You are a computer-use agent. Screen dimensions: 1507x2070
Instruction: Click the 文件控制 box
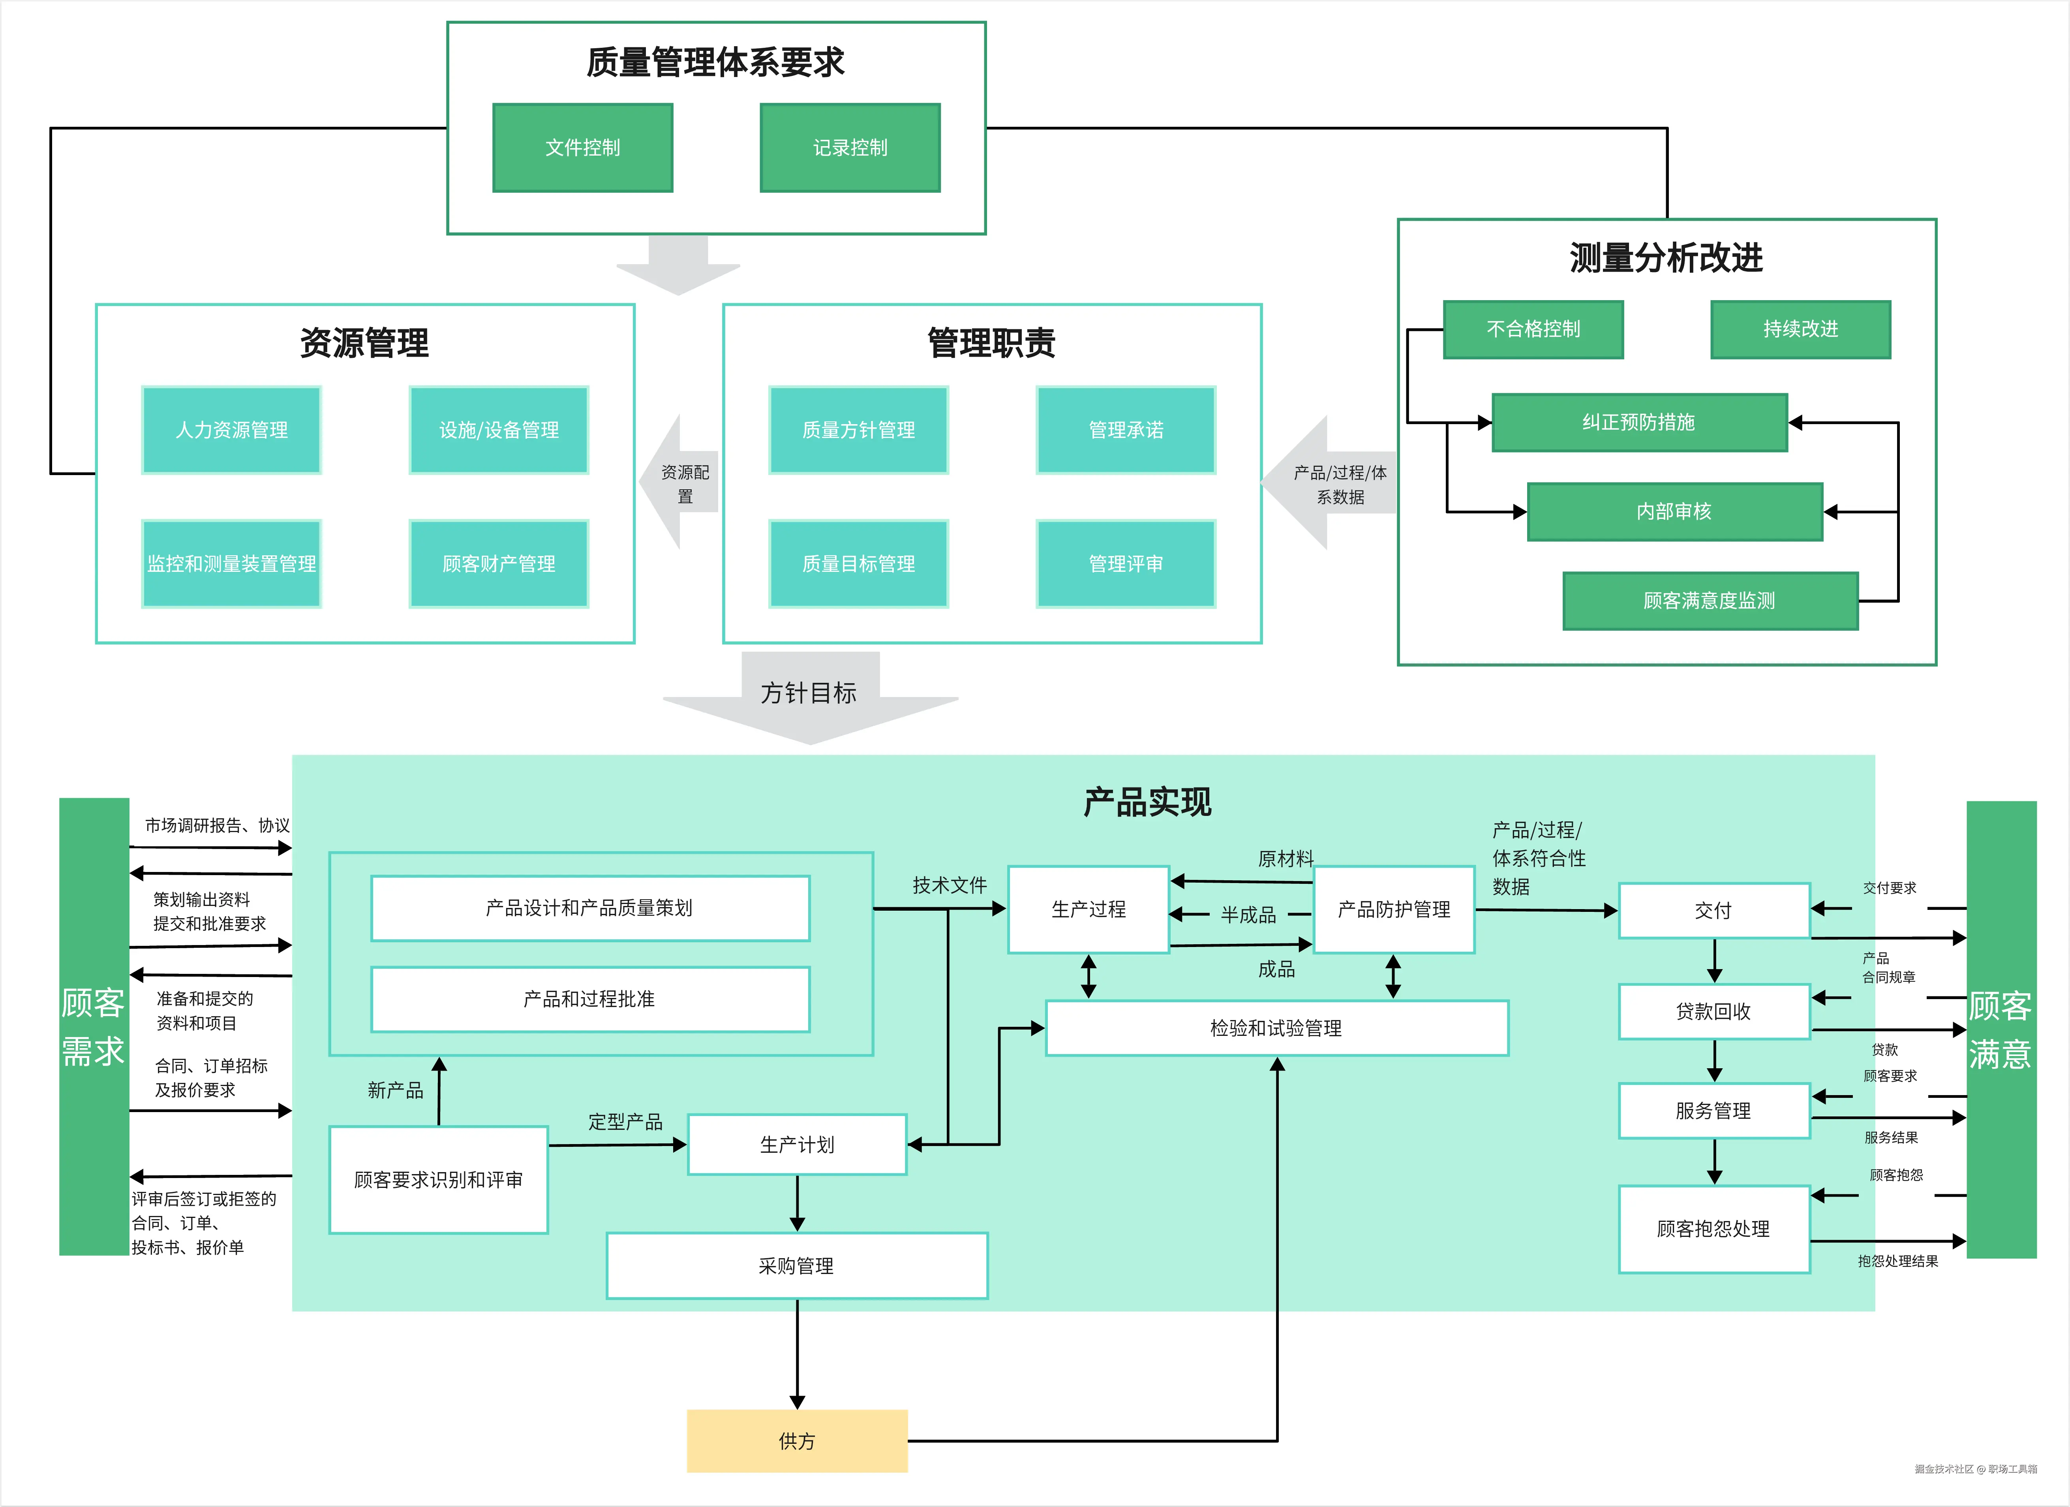click(x=582, y=148)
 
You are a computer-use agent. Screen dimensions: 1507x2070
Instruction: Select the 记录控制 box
click(x=850, y=148)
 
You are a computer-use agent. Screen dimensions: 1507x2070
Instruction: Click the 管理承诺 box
click(x=1125, y=430)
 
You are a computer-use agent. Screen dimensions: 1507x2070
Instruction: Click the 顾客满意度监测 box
click(x=1710, y=601)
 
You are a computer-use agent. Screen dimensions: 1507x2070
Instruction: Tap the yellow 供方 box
click(x=797, y=1440)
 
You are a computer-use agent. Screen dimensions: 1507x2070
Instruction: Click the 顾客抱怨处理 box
click(x=1713, y=1229)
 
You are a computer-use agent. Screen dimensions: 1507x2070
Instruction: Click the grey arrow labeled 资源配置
click(x=683, y=484)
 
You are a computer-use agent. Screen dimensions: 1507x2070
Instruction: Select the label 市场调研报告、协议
click(x=217, y=825)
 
